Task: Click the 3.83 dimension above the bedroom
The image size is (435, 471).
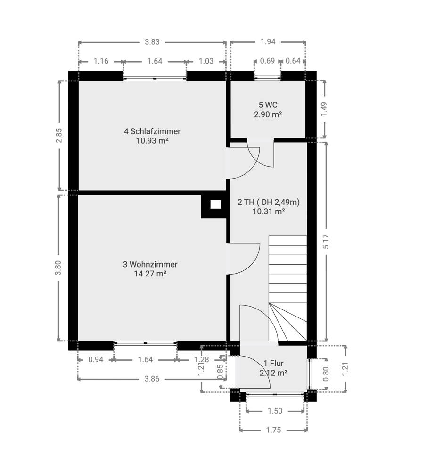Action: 152,42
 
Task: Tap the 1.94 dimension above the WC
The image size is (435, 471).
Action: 268,42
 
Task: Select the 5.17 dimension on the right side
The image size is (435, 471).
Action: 326,241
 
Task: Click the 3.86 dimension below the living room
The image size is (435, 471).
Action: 152,379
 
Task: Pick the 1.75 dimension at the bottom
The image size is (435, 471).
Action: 273,430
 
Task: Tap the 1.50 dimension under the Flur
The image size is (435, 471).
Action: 275,411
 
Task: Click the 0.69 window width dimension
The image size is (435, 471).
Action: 267,61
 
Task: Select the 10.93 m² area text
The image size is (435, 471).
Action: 152,140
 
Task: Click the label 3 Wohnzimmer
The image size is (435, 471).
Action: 150,264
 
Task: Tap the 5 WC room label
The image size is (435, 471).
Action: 268,105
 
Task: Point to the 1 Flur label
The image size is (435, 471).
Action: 273,364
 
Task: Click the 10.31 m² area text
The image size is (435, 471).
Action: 269,211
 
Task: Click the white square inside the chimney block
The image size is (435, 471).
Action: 215,205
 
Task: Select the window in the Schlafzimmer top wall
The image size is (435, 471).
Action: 155,78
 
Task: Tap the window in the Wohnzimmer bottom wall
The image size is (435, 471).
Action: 146,343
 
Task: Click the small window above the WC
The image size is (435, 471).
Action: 268,78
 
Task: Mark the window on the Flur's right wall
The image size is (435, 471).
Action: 310,374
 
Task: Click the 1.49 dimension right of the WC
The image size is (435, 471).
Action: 324,109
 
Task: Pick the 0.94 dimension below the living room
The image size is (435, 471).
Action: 96,359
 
